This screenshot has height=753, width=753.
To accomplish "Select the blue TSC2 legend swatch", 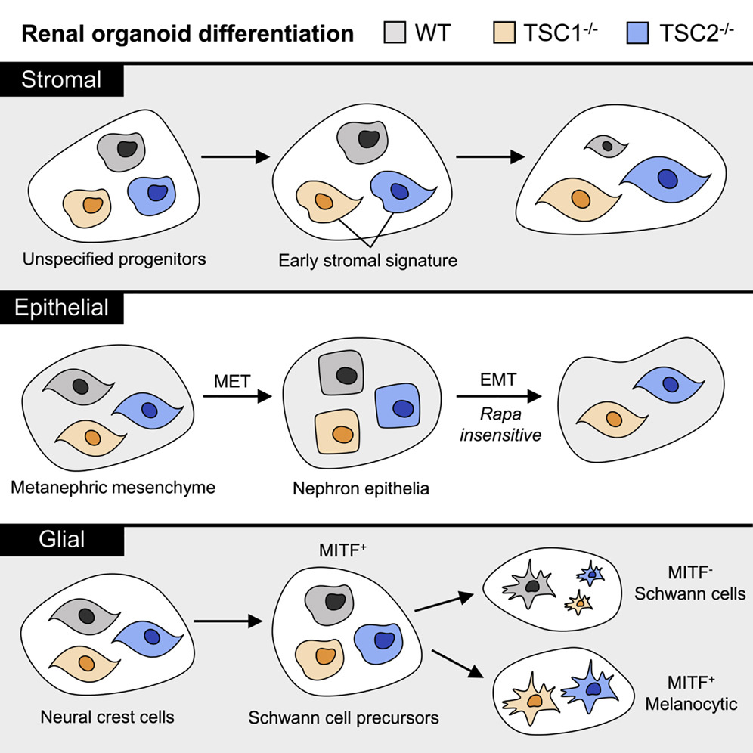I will [640, 33].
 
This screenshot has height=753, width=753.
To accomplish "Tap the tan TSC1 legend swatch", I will [505, 33].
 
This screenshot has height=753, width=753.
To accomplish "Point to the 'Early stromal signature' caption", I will [368, 262].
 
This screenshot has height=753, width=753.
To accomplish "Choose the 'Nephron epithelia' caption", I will [361, 488].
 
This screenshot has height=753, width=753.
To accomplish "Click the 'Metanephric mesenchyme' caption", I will [113, 487].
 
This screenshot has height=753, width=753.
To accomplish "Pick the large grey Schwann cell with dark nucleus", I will [533, 585].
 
